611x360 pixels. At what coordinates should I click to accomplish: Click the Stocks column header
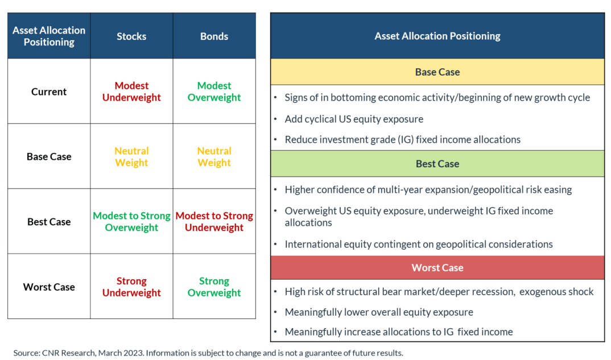(x=131, y=36)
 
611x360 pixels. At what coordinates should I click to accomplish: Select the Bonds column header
(x=214, y=36)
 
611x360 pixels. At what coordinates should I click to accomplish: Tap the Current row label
(x=49, y=92)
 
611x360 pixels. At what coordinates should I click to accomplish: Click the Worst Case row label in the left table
(x=49, y=287)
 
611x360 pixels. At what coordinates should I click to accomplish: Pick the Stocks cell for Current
(x=131, y=91)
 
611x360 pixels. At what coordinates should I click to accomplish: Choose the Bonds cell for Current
(x=214, y=91)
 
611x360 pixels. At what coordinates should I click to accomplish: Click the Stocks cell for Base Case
(x=131, y=156)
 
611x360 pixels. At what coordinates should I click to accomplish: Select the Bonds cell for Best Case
(x=214, y=221)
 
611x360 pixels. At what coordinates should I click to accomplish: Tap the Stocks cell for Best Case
(x=131, y=221)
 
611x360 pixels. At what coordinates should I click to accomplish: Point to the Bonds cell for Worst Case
(x=214, y=287)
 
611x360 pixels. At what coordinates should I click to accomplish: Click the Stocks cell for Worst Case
(x=131, y=287)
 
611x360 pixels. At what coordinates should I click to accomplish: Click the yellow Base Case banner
(x=437, y=72)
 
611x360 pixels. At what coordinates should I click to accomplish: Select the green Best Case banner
(x=437, y=164)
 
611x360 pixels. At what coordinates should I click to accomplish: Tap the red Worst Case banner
(x=437, y=268)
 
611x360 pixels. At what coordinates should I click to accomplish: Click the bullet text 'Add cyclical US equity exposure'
(x=354, y=119)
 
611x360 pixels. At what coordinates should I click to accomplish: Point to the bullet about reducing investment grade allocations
(x=403, y=139)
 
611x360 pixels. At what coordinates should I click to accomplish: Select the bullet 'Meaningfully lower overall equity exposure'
(x=379, y=312)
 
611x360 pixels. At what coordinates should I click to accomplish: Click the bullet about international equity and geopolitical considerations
(x=419, y=245)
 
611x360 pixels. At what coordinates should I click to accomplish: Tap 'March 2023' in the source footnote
(x=121, y=353)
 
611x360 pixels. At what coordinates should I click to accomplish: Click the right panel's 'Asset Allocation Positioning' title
(x=437, y=36)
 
